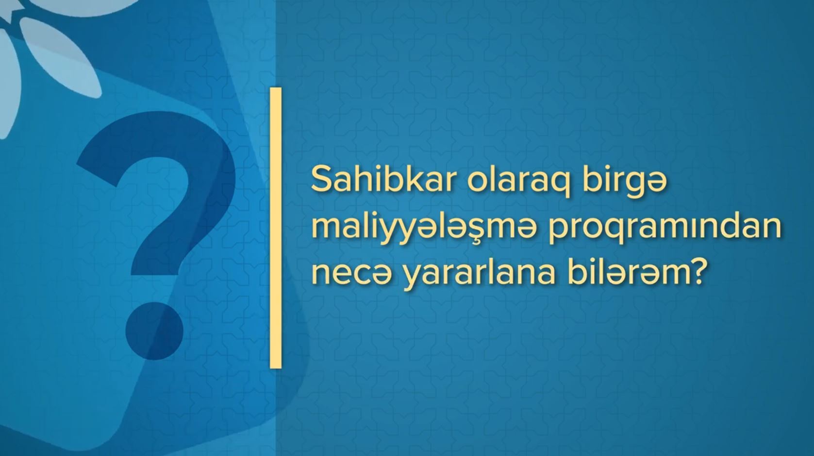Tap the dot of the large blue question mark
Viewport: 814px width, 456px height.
154,331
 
